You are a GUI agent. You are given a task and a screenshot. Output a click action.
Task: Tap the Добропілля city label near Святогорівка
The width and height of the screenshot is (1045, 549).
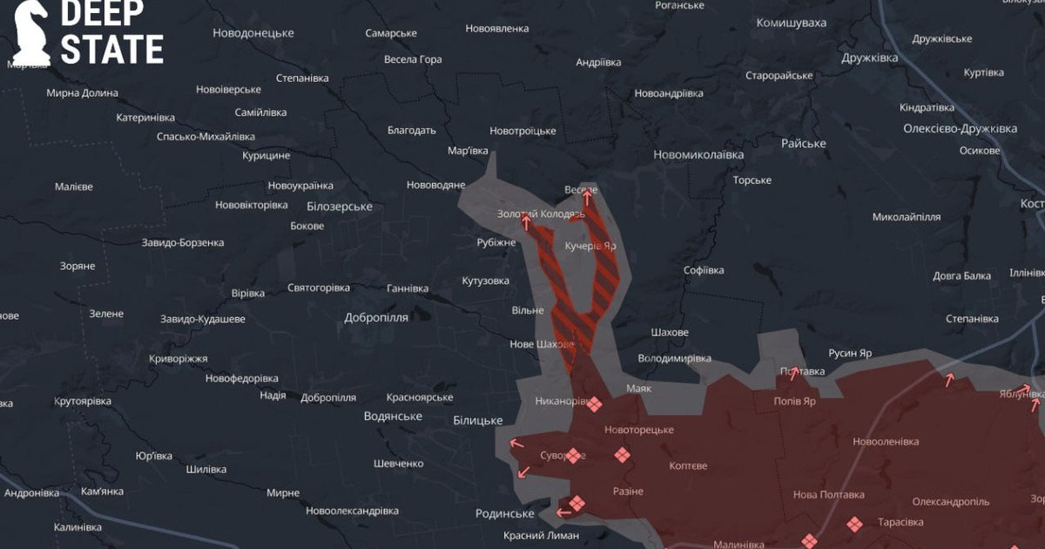click(x=375, y=317)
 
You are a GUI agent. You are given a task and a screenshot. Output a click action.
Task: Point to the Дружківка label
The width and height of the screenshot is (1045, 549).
click(x=869, y=58)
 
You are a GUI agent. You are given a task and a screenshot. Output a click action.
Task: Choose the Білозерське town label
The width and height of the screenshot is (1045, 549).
click(x=340, y=207)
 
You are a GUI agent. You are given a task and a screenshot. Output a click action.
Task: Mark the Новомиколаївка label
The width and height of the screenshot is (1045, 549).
click(x=698, y=154)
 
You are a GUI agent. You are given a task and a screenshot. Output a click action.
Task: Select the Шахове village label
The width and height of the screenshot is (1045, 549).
click(x=670, y=333)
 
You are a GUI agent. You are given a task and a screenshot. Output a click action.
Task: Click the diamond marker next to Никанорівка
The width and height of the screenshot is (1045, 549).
click(x=594, y=403)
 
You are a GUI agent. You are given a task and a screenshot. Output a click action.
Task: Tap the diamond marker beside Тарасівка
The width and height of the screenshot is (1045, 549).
click(x=854, y=524)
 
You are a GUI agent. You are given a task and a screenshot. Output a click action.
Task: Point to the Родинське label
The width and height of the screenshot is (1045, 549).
click(x=505, y=513)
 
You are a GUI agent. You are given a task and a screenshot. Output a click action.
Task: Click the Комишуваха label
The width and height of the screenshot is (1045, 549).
click(x=791, y=23)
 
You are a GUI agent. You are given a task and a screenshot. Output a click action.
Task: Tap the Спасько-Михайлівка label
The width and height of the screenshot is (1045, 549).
click(x=206, y=137)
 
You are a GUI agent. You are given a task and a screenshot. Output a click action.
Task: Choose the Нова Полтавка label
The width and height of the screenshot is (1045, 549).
click(x=828, y=494)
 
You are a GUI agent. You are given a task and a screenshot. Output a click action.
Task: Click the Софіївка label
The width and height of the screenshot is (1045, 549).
click(x=704, y=270)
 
